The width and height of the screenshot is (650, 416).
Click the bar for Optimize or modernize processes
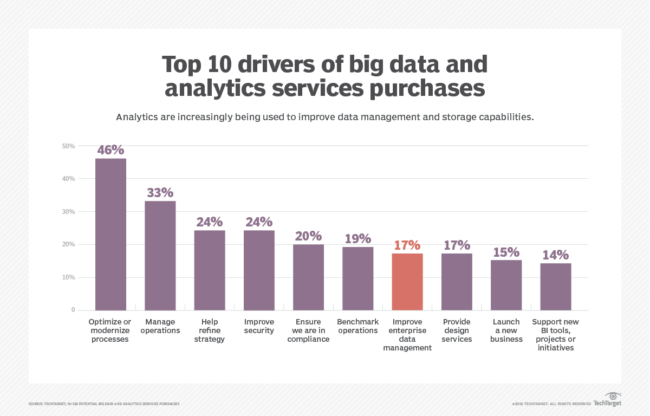point(110,234)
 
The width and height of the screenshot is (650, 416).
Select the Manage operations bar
point(160,255)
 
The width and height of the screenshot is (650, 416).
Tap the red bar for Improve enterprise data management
point(407,282)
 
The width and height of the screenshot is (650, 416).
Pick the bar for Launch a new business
point(506,285)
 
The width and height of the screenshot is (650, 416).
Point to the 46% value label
point(110,149)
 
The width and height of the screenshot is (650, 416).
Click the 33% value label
point(160,192)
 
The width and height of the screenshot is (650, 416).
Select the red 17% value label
point(407,245)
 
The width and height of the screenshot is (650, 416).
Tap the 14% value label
point(555,255)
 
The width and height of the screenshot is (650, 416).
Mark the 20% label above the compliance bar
point(308,236)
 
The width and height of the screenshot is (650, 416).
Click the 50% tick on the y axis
point(68,146)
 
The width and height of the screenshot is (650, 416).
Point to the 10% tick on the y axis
point(68,277)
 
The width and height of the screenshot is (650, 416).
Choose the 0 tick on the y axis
point(73,310)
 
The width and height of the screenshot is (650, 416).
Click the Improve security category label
point(259,326)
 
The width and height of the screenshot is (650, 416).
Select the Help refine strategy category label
point(209,330)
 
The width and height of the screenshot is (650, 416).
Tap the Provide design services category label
point(457,330)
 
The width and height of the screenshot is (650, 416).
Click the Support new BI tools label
point(555,335)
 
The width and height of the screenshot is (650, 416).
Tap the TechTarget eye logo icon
point(613,396)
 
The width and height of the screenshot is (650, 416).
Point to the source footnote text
point(103,404)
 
